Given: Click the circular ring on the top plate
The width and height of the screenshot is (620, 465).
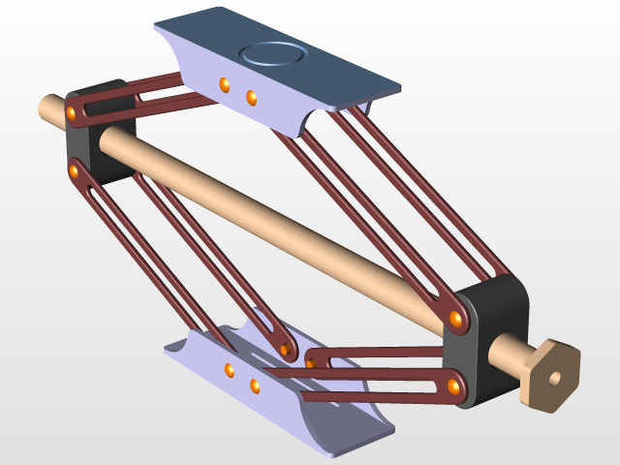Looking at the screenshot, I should (x=272, y=54).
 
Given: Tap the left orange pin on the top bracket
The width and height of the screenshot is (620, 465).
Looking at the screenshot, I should (x=225, y=85).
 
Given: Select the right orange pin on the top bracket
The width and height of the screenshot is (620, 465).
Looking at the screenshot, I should (x=251, y=97).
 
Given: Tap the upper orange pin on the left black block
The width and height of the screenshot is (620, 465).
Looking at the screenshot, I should (x=72, y=115).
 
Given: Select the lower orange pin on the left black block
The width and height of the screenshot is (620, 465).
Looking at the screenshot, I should (x=74, y=171).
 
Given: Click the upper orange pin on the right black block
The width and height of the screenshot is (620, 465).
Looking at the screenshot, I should (x=454, y=319).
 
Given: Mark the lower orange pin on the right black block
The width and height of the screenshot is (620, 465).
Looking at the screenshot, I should (x=453, y=387).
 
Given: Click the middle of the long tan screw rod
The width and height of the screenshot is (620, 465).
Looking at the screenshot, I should (x=271, y=223).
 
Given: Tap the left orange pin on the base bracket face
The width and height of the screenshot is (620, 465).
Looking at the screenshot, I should (x=230, y=370).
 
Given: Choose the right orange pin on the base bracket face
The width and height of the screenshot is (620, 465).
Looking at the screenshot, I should (x=255, y=387).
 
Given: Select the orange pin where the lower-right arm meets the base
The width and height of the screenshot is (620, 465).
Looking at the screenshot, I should (x=311, y=362).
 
